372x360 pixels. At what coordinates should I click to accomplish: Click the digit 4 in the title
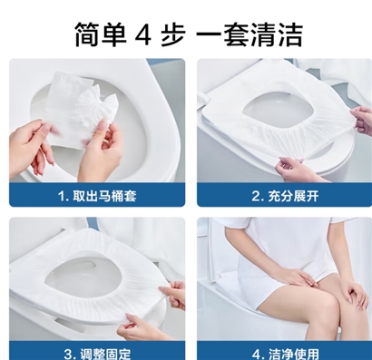click(143, 35)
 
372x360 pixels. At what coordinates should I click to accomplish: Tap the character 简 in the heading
click(87, 34)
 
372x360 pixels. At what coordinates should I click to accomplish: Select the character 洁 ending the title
click(289, 34)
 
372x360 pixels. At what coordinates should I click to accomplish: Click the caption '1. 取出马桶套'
click(97, 196)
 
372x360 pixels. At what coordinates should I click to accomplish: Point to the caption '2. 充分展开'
click(285, 196)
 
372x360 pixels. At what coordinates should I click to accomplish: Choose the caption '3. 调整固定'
click(97, 354)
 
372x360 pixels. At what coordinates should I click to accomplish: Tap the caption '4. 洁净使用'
click(286, 354)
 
